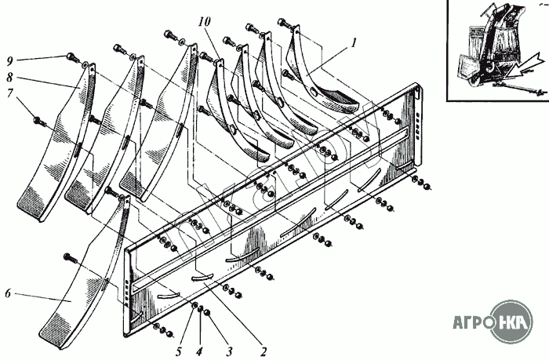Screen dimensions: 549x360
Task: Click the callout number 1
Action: (354, 43)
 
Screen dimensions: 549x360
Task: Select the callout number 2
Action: (263, 351)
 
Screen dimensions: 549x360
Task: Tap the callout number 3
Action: (229, 351)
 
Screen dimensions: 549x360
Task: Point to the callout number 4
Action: (199, 351)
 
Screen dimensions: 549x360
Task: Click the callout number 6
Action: (8, 293)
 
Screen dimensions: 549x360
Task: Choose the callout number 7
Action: (9, 93)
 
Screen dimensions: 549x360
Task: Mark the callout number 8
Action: (9, 77)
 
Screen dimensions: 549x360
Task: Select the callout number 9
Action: (9, 61)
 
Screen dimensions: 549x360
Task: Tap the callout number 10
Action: (205, 22)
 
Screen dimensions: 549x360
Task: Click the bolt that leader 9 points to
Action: (72, 56)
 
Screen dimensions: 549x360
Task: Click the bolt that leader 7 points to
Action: (39, 122)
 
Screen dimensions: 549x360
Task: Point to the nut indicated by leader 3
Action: (207, 312)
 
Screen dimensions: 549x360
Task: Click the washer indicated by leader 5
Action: (195, 306)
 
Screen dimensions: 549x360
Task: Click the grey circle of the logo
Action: (511, 321)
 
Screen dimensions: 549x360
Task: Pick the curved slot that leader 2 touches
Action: (202, 277)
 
